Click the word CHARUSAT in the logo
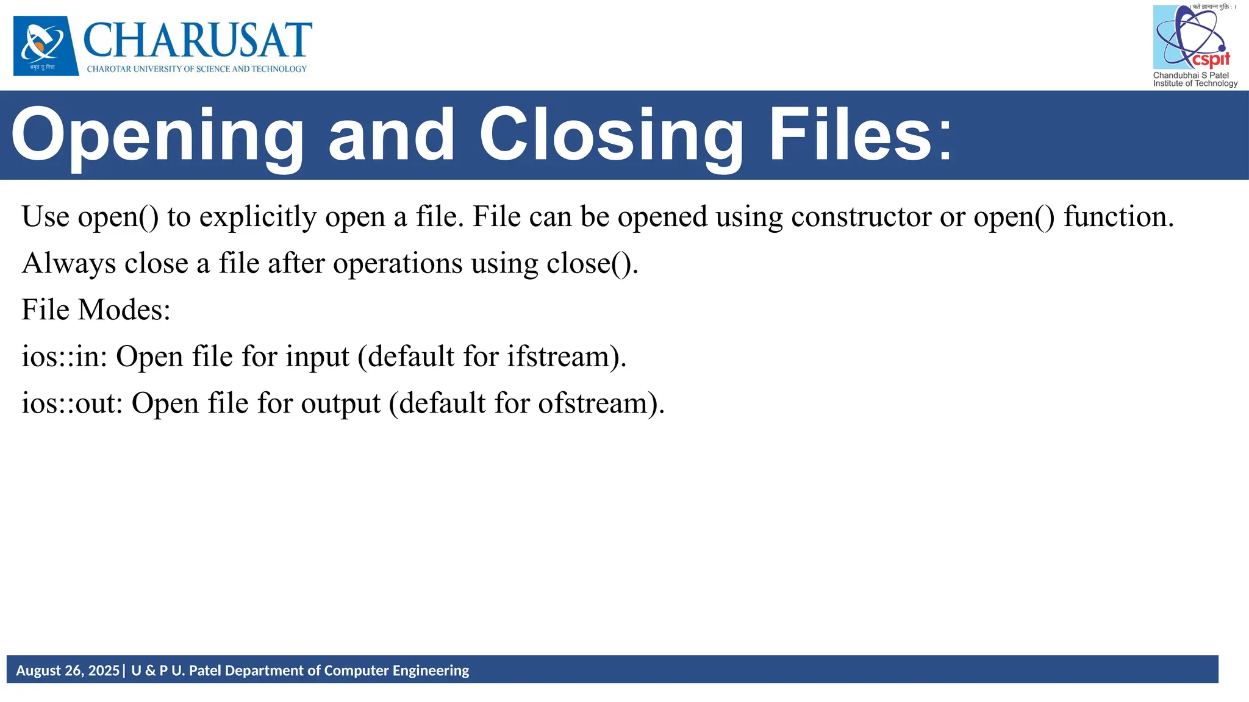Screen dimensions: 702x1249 198,40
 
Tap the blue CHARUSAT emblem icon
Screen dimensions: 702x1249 46,46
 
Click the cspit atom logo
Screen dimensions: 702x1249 1191,38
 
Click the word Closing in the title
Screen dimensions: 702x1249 611,135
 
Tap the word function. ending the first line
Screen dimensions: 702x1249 1118,217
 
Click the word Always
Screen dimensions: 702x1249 69,264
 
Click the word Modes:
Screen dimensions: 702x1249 124,310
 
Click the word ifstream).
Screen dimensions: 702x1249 567,357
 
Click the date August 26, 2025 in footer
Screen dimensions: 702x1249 68,671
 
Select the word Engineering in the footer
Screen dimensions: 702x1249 431,671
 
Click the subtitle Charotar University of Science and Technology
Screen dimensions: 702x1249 197,69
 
